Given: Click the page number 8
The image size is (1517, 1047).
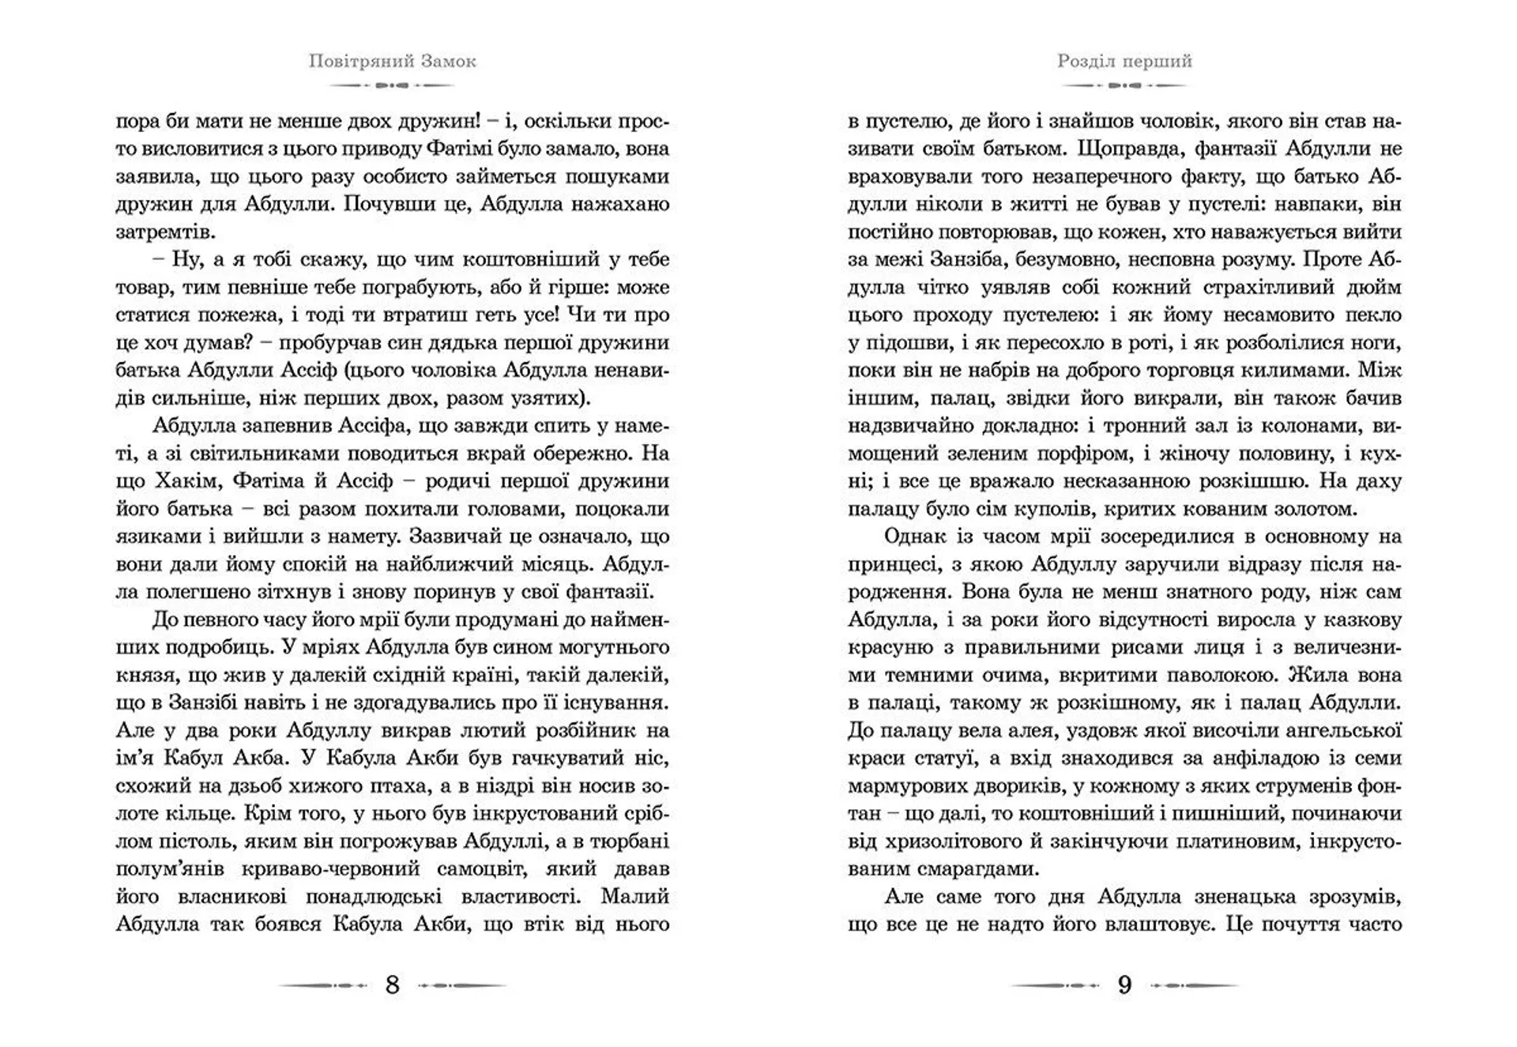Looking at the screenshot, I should click(392, 985).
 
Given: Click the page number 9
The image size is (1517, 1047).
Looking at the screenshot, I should click(1124, 985).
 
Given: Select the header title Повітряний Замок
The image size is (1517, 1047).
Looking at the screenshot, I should click(392, 62).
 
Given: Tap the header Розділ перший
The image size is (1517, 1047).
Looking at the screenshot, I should click(1124, 62).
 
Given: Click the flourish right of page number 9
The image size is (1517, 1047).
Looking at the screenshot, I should click(1194, 985).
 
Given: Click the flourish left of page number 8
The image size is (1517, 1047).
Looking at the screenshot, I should click(323, 985).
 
